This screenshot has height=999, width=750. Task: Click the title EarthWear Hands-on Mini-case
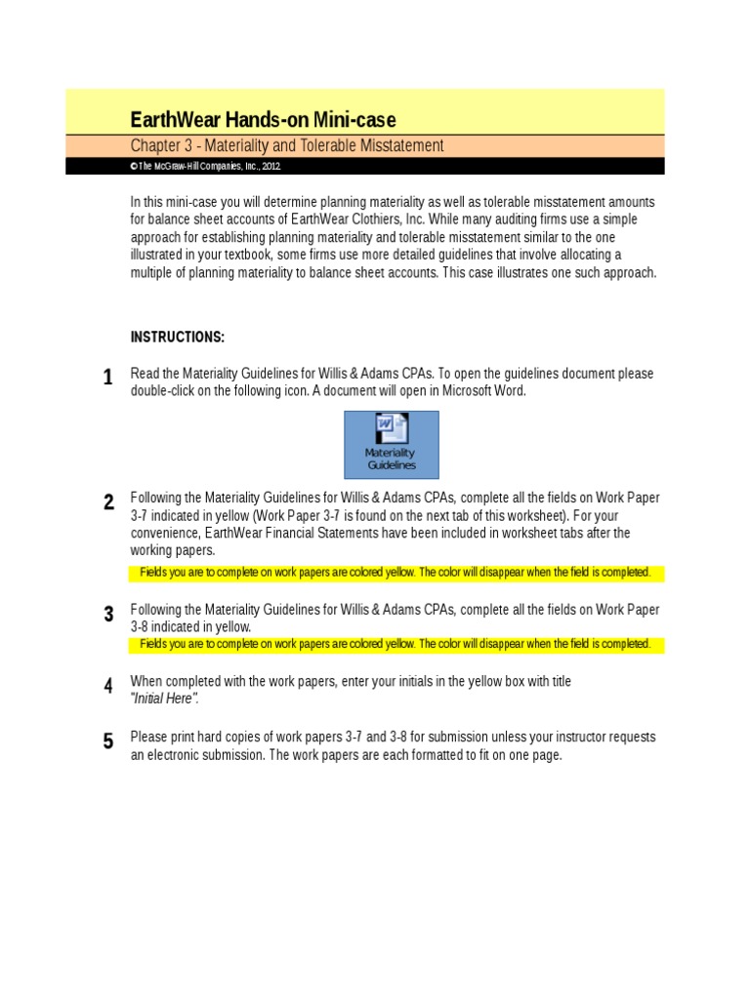pos(264,120)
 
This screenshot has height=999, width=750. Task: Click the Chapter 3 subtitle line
pos(287,145)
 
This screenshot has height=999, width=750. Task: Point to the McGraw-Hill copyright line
pos(206,167)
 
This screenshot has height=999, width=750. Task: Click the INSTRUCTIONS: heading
pos(178,337)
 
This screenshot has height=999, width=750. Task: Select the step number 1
pos(107,378)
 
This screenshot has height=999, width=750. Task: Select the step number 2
pos(107,502)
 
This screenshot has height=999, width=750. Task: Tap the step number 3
pos(107,614)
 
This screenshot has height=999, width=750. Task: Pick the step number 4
pos(107,686)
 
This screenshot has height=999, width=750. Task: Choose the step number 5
pos(107,741)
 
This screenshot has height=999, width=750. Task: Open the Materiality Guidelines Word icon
pos(391,429)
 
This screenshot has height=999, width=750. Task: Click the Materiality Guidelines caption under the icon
pos(391,459)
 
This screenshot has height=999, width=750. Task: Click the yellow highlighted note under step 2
pos(396,573)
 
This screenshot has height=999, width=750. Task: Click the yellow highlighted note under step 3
pos(396,644)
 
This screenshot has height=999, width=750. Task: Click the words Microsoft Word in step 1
pos(481,391)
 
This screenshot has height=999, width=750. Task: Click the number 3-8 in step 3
pos(143,626)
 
